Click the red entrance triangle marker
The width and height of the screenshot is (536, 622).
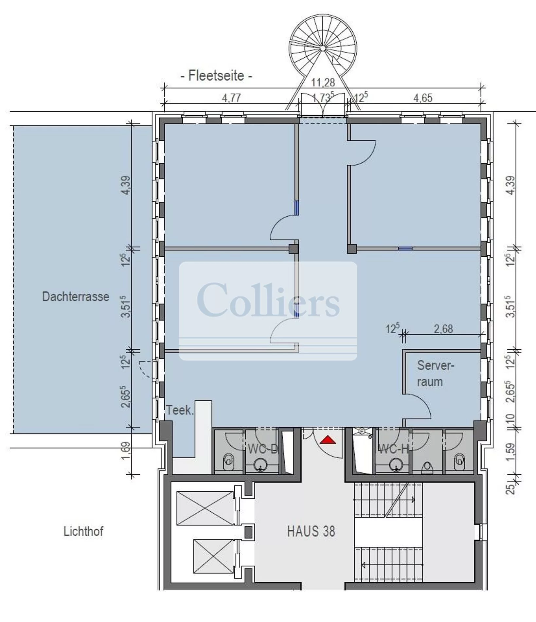[328, 440]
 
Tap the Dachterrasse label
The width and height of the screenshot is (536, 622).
[76, 297]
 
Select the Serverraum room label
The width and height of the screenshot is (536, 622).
[435, 374]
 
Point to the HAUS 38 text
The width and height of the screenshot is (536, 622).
[311, 531]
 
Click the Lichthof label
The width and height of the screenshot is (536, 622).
[83, 531]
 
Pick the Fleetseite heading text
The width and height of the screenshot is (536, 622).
[216, 76]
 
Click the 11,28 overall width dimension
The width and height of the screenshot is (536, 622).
[323, 82]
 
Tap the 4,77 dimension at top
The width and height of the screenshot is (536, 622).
[231, 98]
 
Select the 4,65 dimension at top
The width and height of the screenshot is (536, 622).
[423, 98]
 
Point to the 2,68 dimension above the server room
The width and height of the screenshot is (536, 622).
[443, 329]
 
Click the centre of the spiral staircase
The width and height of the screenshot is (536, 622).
[323, 48]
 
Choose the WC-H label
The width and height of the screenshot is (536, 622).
[393, 449]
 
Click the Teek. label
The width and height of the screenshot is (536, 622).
[180, 410]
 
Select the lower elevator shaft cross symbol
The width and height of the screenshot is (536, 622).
[214, 556]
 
